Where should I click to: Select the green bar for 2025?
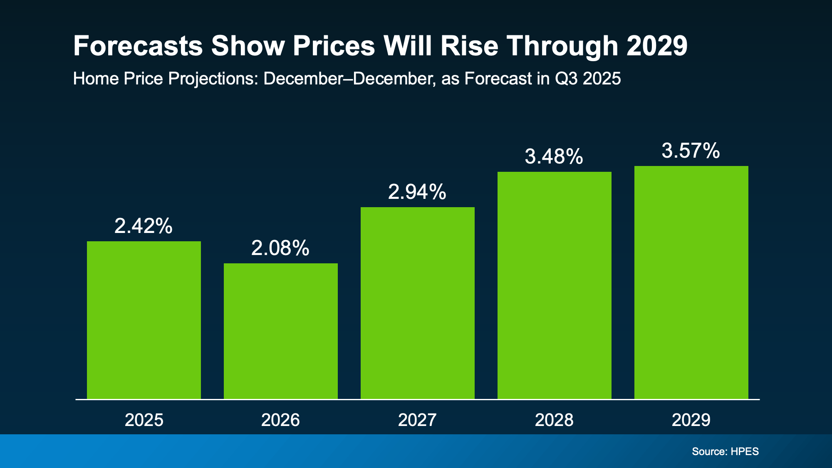coord(144,320)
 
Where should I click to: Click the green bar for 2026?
coord(281,331)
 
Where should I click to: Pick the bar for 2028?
coord(555,285)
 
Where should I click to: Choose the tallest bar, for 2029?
coord(691,282)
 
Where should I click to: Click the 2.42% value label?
coord(144,226)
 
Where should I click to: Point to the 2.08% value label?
coord(280,248)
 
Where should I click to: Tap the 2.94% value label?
coord(417,192)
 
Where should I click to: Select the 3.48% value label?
coord(554,157)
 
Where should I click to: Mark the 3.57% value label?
coord(691,151)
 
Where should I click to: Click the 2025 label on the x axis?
coord(144,420)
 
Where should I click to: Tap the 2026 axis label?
coord(280,420)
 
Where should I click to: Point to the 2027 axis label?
coord(417,420)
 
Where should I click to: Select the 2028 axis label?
coord(554,420)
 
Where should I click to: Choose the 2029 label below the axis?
coord(691,420)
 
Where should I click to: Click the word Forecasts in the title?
coord(138,46)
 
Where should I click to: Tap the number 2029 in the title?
coord(657,46)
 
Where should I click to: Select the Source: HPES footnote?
coord(725,451)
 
